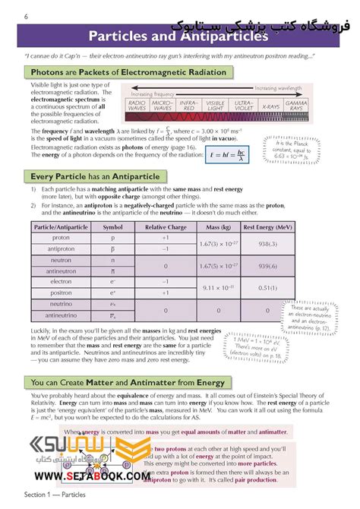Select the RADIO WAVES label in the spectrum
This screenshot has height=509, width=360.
pyautogui.click(x=137, y=106)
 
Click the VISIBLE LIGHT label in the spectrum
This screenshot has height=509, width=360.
pyautogui.click(x=216, y=106)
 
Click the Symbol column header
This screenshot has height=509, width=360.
pyautogui.click(x=112, y=227)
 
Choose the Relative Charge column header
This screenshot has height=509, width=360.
pyautogui.click(x=166, y=227)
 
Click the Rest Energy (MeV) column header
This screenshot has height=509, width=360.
pyautogui.click(x=267, y=227)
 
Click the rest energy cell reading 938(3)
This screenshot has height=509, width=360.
pyautogui.click(x=267, y=243)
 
